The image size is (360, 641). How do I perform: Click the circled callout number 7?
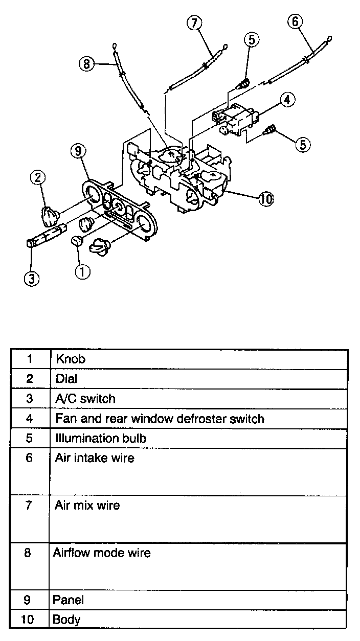point(194,23)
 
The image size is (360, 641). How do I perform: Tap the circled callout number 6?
point(296,21)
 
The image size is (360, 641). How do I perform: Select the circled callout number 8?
point(86,64)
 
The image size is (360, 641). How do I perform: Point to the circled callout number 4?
point(287,100)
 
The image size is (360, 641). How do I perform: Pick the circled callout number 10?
point(266,199)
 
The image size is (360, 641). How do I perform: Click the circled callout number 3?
point(32,279)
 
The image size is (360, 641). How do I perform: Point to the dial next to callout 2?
point(50,216)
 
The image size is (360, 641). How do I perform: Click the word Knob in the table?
point(71,359)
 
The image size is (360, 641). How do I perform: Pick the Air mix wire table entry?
point(87,505)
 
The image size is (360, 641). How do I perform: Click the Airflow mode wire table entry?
point(102,553)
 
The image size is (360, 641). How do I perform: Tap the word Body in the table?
point(66,620)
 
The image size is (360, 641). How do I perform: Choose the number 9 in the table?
point(29,599)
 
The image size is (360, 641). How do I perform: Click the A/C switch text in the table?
point(85,399)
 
